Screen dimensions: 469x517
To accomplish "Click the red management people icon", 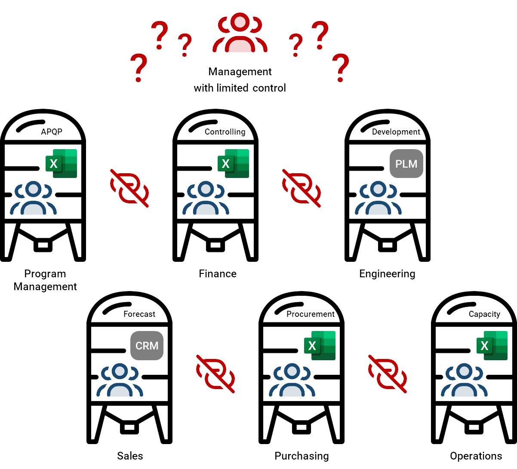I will click(240, 33).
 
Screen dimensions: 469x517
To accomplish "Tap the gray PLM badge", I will click(406, 164).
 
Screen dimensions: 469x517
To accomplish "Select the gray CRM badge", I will click(147, 346).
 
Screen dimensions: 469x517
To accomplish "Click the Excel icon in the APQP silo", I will click(62, 163).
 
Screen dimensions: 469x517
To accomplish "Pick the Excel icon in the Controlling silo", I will click(234, 163).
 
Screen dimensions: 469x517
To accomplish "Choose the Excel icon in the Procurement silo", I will click(320, 345).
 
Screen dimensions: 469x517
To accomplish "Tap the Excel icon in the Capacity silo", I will click(492, 345).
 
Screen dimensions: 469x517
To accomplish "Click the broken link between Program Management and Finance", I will click(129, 188).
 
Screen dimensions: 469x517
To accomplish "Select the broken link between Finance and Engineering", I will click(302, 188).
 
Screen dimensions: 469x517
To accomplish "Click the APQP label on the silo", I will click(52, 132).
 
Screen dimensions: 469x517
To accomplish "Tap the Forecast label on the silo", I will click(139, 314).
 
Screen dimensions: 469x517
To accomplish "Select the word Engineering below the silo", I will click(387, 274).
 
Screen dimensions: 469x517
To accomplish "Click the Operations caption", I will click(476, 456).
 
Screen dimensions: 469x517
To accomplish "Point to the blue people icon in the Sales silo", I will click(120, 380).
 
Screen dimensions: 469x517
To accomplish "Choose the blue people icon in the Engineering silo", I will click(378, 198).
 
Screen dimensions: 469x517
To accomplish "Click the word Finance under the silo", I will click(218, 274).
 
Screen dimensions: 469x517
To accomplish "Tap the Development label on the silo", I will click(396, 132).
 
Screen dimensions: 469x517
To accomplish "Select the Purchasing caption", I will click(302, 456).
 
